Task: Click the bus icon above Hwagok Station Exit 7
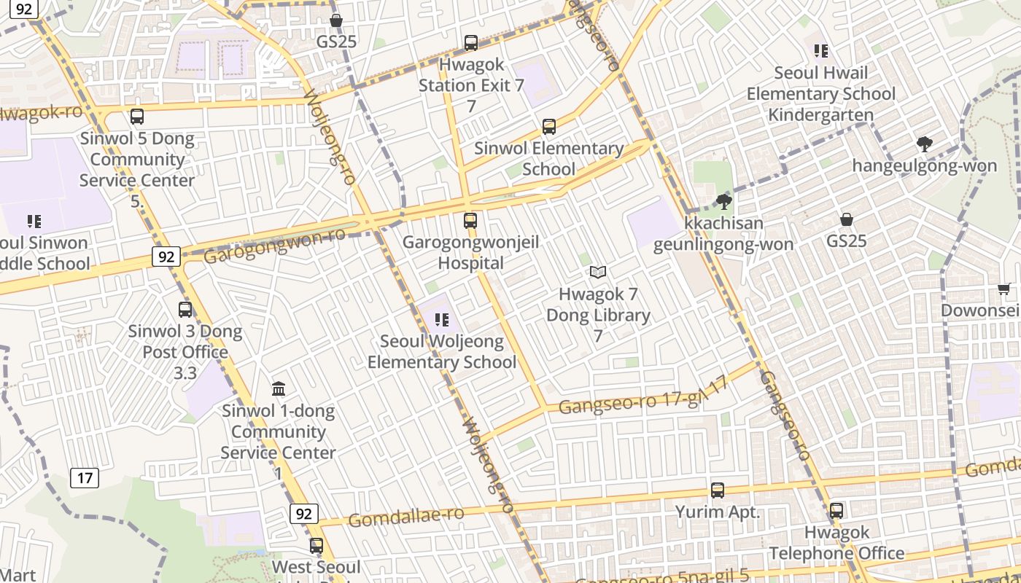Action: click(x=471, y=43)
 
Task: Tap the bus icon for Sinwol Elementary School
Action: click(x=549, y=127)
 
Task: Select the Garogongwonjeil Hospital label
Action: click(x=470, y=252)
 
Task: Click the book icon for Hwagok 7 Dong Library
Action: click(x=598, y=273)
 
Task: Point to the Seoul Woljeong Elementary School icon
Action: click(x=441, y=319)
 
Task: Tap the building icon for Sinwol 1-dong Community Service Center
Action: click(x=279, y=388)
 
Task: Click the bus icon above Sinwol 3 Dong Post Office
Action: click(x=185, y=310)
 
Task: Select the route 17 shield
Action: click(x=85, y=478)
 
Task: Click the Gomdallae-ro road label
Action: click(x=405, y=517)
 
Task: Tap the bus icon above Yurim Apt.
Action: click(x=718, y=490)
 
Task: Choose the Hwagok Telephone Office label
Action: click(x=836, y=543)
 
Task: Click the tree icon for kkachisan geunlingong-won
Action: click(x=723, y=202)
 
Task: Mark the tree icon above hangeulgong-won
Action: click(x=924, y=144)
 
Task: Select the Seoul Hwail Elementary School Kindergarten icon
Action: click(x=822, y=51)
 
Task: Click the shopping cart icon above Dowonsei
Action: click(x=1003, y=289)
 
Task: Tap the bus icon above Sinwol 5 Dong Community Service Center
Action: click(x=137, y=117)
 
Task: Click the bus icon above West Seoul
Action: click(x=317, y=546)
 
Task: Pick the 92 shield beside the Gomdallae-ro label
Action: click(x=304, y=514)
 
